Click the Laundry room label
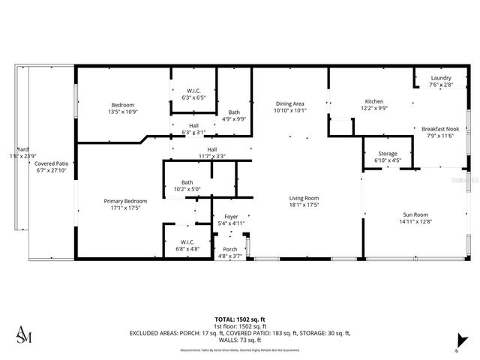(441, 78)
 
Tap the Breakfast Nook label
(441, 128)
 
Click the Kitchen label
(373, 101)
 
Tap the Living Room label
(304, 198)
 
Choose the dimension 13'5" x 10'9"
(123, 112)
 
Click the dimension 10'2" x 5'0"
(187, 189)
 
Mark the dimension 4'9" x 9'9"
(234, 118)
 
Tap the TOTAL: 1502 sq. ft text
(239, 319)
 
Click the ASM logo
(25, 334)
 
